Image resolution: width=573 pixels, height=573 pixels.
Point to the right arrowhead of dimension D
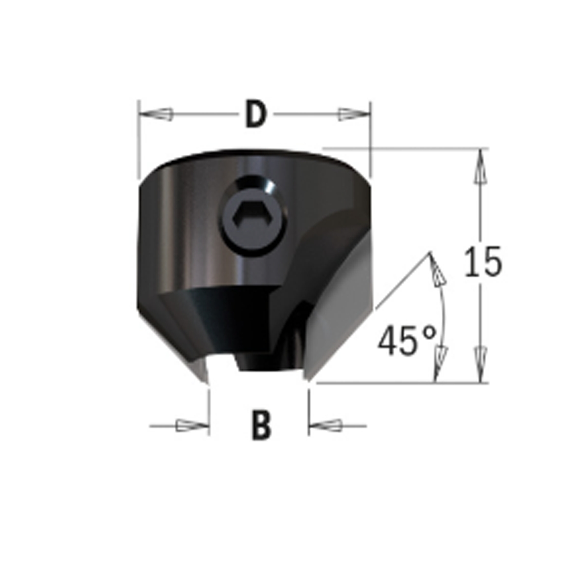[354, 114]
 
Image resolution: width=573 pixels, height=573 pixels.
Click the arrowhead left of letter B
[192, 426]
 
